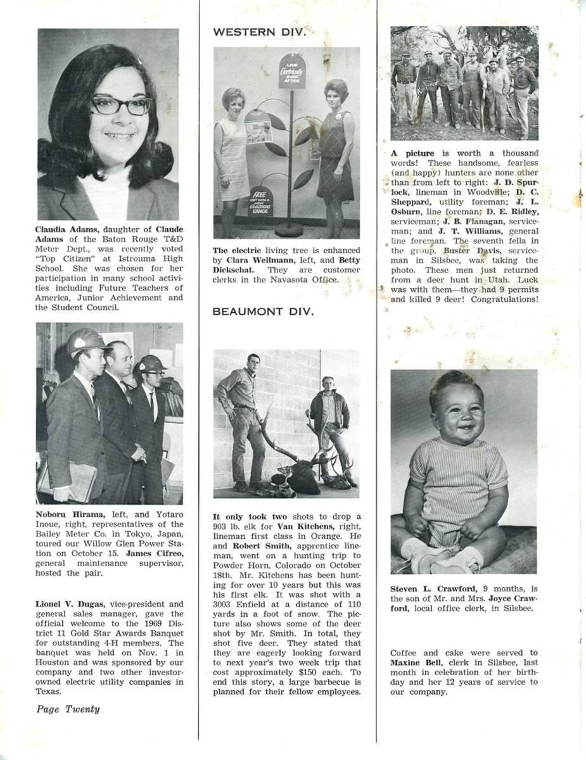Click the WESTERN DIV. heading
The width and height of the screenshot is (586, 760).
click(x=259, y=32)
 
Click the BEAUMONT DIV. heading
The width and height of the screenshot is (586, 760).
click(x=263, y=311)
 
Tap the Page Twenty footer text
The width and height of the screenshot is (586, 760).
click(x=68, y=709)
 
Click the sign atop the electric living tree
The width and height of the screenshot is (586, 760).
click(x=292, y=71)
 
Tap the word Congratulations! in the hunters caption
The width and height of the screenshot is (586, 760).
click(x=504, y=298)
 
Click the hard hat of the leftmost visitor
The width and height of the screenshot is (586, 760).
click(x=85, y=342)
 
